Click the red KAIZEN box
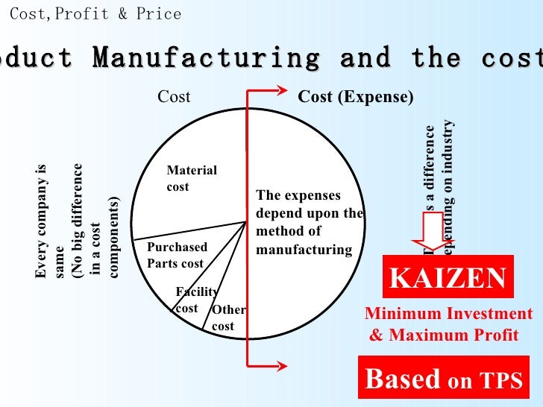pos(448,277)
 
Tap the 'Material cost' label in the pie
pos(192,178)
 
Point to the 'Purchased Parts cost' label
pos(176,255)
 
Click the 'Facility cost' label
pos(195,300)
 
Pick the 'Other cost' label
pos(228,318)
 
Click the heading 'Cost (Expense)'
pos(356,97)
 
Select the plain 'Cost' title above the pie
pos(174,97)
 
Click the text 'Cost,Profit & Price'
pos(95,14)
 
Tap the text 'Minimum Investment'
pos(448,314)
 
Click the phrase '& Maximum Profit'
pos(443,335)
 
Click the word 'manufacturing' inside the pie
pos(303,249)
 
